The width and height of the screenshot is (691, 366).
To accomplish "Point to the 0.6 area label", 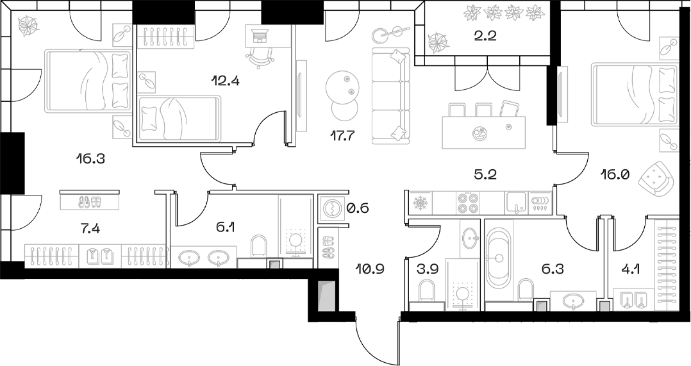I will point(358,208).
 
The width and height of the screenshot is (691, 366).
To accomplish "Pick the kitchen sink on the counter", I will point(515,203).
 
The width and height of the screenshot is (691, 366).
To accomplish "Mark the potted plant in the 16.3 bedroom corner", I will point(29,25).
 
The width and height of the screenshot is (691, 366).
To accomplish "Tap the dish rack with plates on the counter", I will point(540,203).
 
